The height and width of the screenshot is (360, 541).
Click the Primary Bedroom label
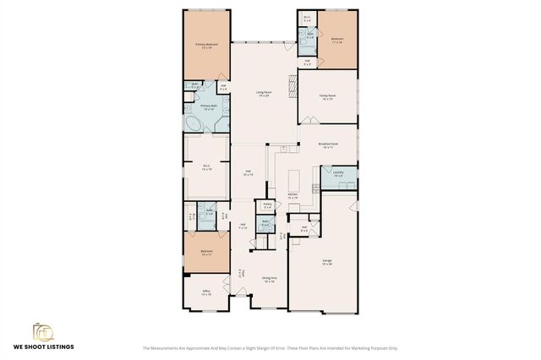[x=206, y=46]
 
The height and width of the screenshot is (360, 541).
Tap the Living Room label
[x=264, y=93]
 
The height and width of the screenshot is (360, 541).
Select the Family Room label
[x=327, y=96]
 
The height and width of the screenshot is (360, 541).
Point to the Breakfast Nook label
[x=329, y=145]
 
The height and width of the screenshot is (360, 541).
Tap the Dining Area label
[x=269, y=278]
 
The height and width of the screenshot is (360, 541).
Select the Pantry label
[x=267, y=204]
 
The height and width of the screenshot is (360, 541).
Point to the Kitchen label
[x=292, y=194]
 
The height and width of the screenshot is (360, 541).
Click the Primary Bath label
[x=209, y=106]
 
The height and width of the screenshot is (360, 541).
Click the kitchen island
[x=296, y=181]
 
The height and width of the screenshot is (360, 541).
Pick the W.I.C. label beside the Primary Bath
[x=206, y=166]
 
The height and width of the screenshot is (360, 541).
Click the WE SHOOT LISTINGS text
[x=43, y=347]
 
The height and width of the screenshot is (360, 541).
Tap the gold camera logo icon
[x=43, y=330]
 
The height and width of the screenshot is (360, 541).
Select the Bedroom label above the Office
[x=206, y=252]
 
